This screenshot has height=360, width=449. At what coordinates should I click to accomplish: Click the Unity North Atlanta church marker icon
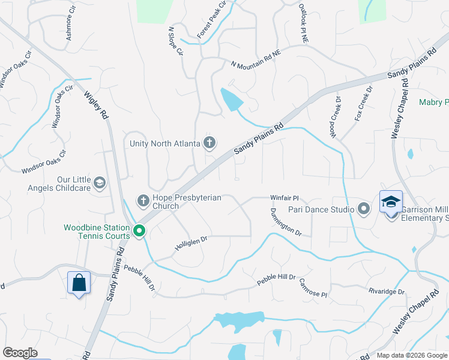click(x=209, y=143)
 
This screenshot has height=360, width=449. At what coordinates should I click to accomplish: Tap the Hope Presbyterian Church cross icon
click(x=143, y=199)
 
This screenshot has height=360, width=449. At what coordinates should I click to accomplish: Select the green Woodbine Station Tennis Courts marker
click(x=139, y=230)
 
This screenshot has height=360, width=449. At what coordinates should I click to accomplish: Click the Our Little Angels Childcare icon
click(x=100, y=182)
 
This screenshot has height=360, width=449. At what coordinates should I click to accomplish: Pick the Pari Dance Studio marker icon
click(x=363, y=209)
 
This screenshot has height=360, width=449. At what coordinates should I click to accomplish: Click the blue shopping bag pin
click(x=79, y=283)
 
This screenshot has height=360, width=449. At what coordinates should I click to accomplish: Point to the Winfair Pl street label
click(x=284, y=197)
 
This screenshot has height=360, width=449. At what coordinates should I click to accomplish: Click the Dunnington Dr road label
click(x=285, y=221)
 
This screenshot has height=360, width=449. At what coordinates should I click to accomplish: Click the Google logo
click(x=20, y=353)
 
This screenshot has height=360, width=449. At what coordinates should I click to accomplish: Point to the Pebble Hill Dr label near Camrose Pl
click(x=276, y=278)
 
